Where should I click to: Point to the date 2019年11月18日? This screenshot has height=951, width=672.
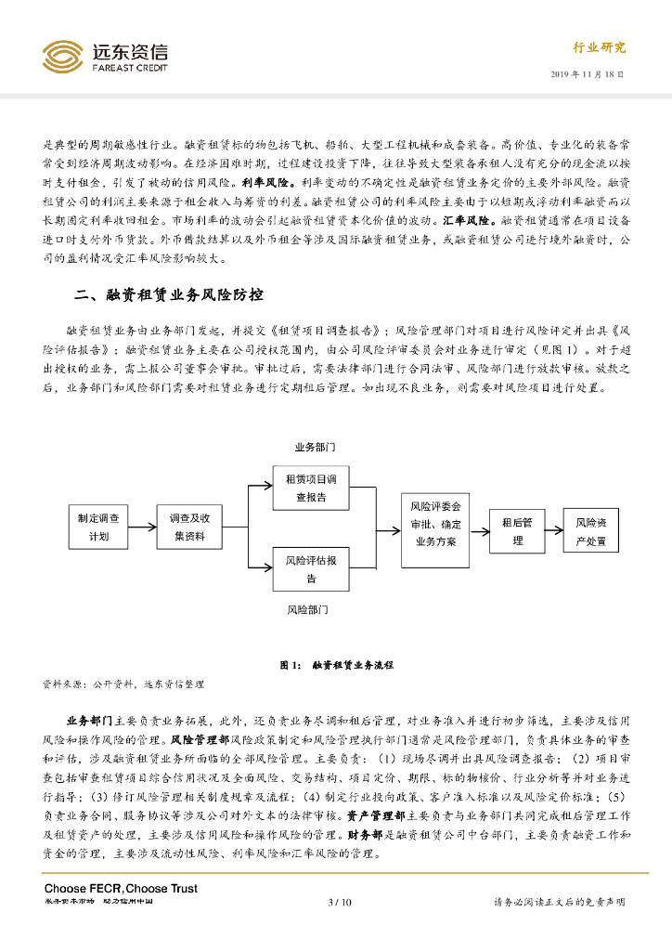[x=588, y=73]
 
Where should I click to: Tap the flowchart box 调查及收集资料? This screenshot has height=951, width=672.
[x=189, y=527]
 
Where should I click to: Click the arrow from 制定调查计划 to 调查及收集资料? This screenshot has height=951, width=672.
[x=147, y=527]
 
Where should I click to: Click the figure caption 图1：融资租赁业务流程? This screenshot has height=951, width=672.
[x=336, y=664]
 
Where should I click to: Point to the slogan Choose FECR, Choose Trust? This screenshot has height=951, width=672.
[x=121, y=889]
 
